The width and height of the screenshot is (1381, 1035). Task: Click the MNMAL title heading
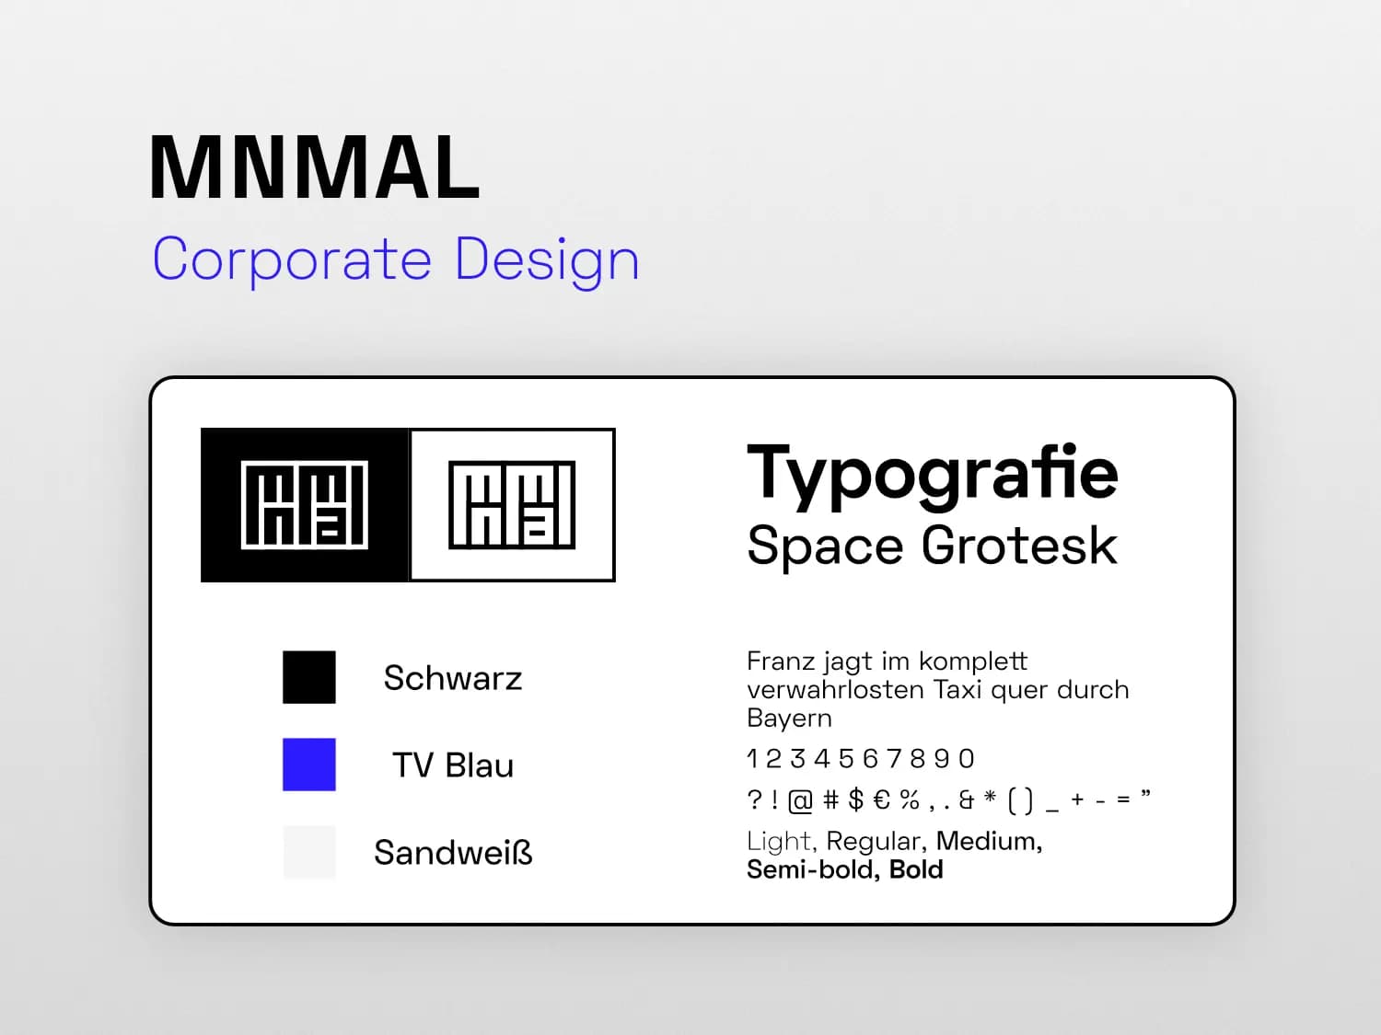pos(315,167)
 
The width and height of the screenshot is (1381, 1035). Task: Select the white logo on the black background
pos(305,505)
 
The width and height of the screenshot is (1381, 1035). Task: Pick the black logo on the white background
pos(512,505)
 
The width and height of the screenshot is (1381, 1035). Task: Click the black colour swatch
pos(309,677)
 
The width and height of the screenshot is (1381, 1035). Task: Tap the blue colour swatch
pos(309,765)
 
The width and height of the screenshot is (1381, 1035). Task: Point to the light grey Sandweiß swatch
pos(309,852)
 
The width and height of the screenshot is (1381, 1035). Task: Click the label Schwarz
pos(453,678)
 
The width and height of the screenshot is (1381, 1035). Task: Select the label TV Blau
pos(453,765)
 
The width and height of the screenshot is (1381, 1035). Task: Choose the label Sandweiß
pos(453,853)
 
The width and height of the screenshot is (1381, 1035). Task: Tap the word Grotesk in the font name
pos(1019,546)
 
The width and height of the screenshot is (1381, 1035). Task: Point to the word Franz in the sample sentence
pos(774,661)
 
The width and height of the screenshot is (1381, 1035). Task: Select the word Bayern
pos(789,719)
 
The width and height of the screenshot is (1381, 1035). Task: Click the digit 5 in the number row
pos(845,759)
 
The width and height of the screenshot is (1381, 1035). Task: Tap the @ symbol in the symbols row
pos(800,800)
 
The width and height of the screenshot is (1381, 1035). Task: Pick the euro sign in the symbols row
pos(881,800)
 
